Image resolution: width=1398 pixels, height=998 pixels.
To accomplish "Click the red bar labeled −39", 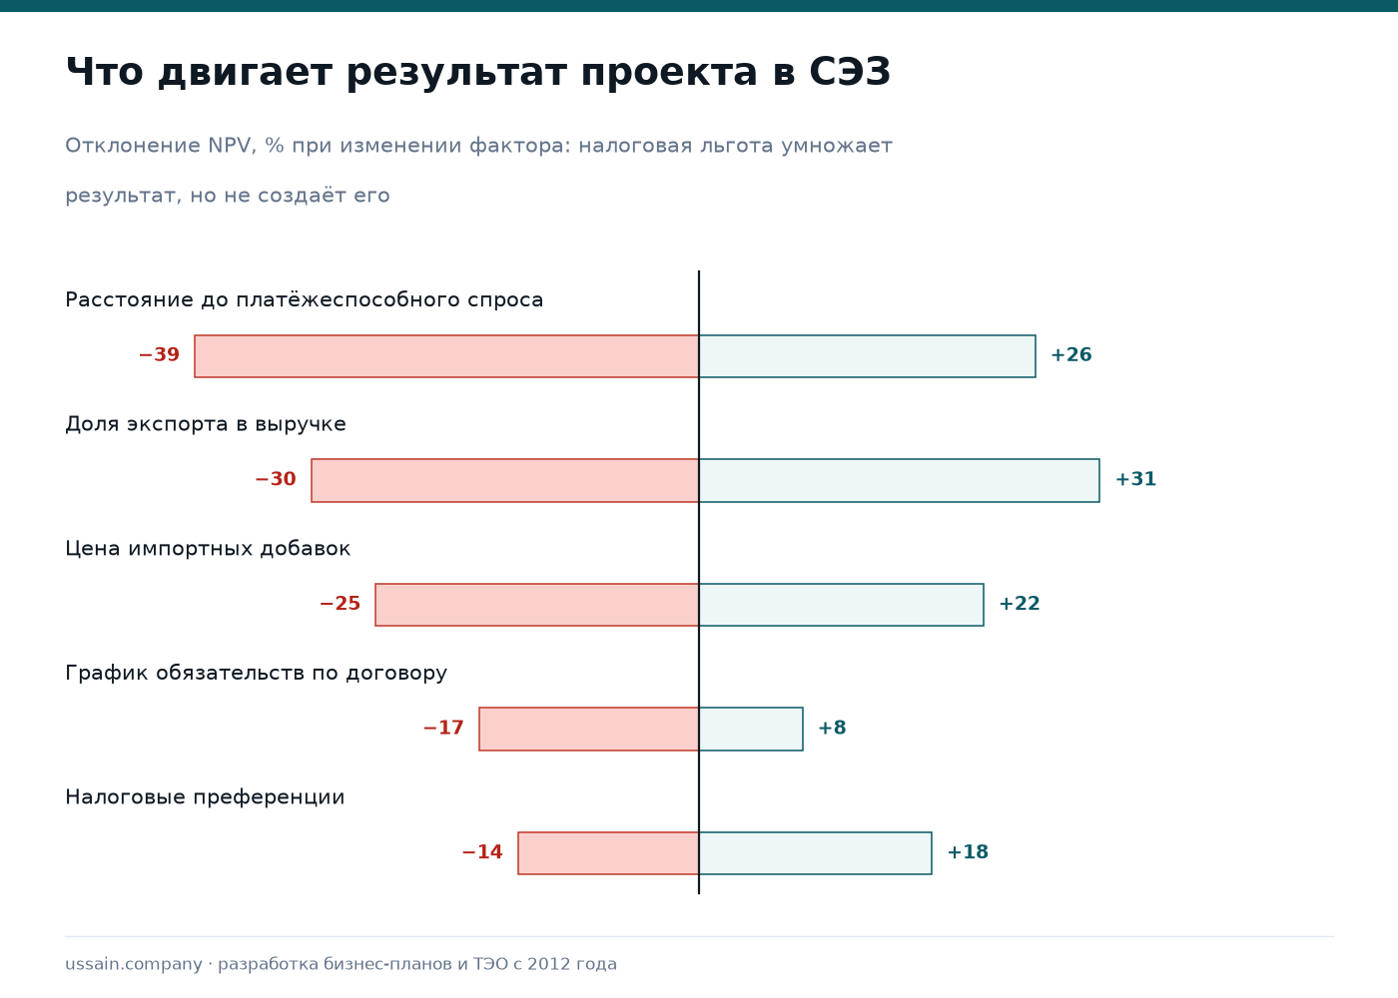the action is tap(446, 356).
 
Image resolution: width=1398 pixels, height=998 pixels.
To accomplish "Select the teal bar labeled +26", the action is tap(867, 356).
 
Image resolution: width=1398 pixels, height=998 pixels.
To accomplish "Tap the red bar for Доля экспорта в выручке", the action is tap(505, 480).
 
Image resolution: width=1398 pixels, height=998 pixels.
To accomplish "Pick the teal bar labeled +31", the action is tap(900, 480).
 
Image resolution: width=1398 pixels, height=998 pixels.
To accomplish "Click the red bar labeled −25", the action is tap(537, 605).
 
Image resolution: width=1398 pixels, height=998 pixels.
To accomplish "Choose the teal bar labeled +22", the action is tap(841, 605).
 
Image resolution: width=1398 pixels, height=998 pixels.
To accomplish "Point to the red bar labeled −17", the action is tap(588, 729).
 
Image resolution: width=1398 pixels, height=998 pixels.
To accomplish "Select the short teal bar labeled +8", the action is tap(751, 729).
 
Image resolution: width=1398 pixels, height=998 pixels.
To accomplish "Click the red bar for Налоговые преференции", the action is tap(608, 852).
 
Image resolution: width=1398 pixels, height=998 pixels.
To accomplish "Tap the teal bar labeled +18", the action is tap(815, 852).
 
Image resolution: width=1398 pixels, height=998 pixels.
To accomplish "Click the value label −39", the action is tap(159, 355).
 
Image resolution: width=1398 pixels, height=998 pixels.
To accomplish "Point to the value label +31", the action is tap(1136, 479).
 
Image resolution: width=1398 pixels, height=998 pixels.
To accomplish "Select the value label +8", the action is tap(832, 728).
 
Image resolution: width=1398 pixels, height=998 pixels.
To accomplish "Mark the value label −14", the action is tap(481, 852).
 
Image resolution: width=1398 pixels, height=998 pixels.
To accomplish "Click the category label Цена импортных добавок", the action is tap(208, 549).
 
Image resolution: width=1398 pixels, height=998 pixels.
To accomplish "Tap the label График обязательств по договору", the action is tap(256, 673).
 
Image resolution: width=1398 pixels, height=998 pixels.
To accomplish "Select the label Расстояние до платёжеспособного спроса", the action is tap(304, 300).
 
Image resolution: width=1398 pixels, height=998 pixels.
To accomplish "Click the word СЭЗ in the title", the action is tap(850, 72).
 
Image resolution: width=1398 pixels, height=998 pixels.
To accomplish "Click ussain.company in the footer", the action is tap(134, 964).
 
